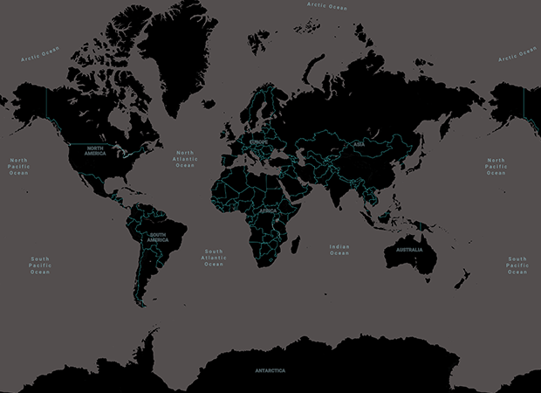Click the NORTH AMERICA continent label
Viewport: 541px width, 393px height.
point(96,151)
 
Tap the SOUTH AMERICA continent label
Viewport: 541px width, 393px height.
point(157,236)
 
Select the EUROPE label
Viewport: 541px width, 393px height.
point(259,141)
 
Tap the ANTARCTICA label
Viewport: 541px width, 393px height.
point(270,370)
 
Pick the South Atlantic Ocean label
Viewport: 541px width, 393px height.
point(214,258)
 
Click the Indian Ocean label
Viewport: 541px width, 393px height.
point(339,250)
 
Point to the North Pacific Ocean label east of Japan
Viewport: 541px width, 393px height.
point(496,166)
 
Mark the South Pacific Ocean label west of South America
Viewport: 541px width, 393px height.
point(40,265)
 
